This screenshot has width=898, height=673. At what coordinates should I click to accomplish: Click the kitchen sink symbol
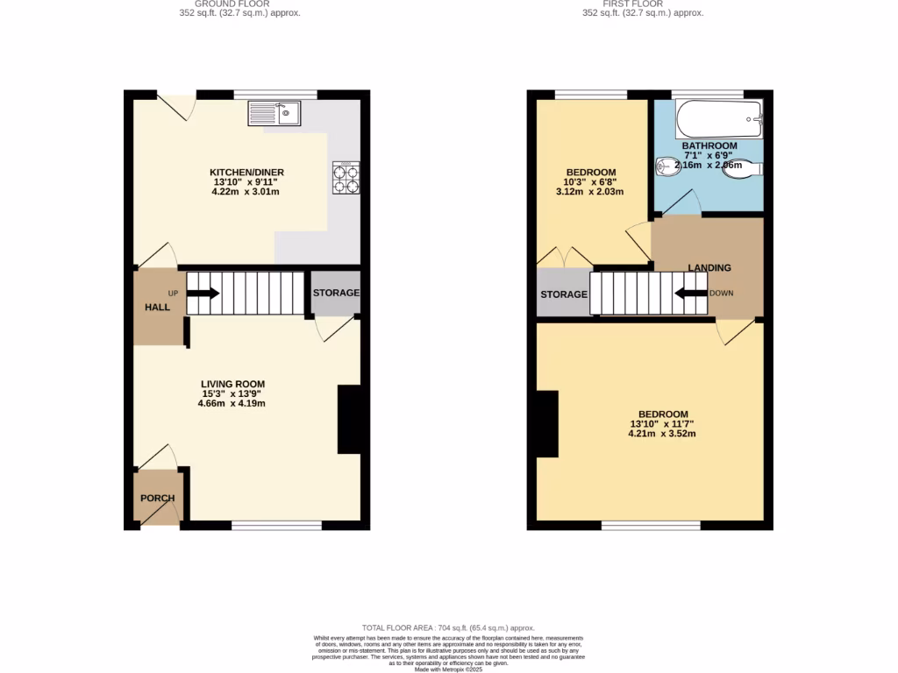(x=274, y=113)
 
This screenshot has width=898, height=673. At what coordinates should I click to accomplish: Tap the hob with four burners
(x=346, y=179)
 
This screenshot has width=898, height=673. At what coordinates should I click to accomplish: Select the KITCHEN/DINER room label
(x=246, y=172)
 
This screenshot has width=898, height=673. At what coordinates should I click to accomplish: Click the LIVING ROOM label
(x=232, y=384)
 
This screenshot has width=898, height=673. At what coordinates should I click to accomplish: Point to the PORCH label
(x=158, y=498)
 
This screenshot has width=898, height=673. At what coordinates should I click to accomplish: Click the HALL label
(x=158, y=307)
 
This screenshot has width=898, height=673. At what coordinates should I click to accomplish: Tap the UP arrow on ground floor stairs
(x=203, y=294)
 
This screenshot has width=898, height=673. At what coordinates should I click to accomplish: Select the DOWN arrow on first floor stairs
(x=689, y=294)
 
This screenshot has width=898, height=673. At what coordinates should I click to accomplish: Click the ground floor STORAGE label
(x=336, y=292)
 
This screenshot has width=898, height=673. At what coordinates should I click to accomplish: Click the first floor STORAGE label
(x=563, y=294)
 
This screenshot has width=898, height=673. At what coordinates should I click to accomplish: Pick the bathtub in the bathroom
(x=720, y=114)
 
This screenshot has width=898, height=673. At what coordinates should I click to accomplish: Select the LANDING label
(x=709, y=267)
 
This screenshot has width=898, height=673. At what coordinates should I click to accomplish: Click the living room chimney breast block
(x=349, y=420)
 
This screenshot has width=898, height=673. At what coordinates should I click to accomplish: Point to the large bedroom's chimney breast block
(x=547, y=424)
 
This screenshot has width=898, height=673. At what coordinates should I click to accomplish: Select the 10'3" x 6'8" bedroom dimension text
(x=590, y=181)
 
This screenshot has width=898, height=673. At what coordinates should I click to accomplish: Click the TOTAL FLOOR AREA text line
(x=448, y=627)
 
